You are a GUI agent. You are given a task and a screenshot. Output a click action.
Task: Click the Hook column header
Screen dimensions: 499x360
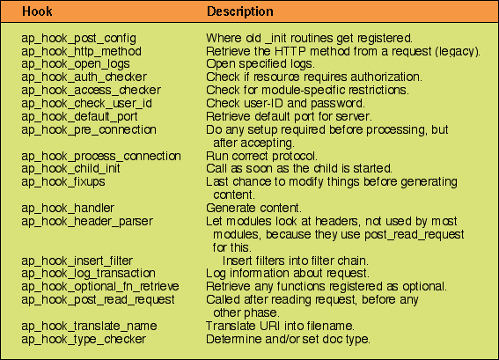pyautogui.click(x=37, y=11)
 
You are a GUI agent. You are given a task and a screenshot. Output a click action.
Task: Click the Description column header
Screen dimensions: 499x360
pyautogui.click(x=240, y=11)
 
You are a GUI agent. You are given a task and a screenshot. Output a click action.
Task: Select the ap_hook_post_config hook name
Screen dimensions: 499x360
pyautogui.click(x=79, y=39)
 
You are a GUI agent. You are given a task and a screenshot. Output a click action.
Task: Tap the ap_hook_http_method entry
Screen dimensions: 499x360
pyautogui.click(x=82, y=51)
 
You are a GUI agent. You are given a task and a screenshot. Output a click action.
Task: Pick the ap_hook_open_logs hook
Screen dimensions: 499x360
pyautogui.click(x=76, y=64)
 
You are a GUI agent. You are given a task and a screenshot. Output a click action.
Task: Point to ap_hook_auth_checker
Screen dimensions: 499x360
pyautogui.click(x=84, y=77)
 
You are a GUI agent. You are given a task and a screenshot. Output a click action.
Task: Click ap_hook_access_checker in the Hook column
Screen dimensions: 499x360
pyautogui.click(x=91, y=91)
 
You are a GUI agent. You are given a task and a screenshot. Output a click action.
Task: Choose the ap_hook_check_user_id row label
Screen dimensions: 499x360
pyautogui.click(x=86, y=104)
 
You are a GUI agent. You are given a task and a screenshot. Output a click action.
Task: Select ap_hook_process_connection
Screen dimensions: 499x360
pyautogui.click(x=101, y=157)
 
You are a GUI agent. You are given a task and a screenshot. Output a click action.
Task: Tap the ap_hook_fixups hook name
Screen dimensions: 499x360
pyautogui.click(x=63, y=182)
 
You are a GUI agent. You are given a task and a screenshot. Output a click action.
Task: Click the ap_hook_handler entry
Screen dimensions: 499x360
pyautogui.click(x=68, y=209)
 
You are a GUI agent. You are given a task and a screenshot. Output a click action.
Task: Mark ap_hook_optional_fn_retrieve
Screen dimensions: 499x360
pyautogui.click(x=100, y=287)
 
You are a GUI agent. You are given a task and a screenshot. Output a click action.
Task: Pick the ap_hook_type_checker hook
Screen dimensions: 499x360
pyautogui.click(x=84, y=340)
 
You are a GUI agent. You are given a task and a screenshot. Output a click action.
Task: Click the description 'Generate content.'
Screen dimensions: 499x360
pyautogui.click(x=253, y=209)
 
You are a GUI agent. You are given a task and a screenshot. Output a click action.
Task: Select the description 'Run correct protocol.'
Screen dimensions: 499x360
pyautogui.click(x=261, y=157)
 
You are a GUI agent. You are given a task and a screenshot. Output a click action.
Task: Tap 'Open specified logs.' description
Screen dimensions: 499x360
pyautogui.click(x=261, y=64)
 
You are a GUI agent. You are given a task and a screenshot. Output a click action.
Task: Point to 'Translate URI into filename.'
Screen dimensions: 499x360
pyautogui.click(x=280, y=326)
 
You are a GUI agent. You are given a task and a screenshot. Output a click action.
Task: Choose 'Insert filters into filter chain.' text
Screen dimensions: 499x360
pyautogui.click(x=296, y=261)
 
